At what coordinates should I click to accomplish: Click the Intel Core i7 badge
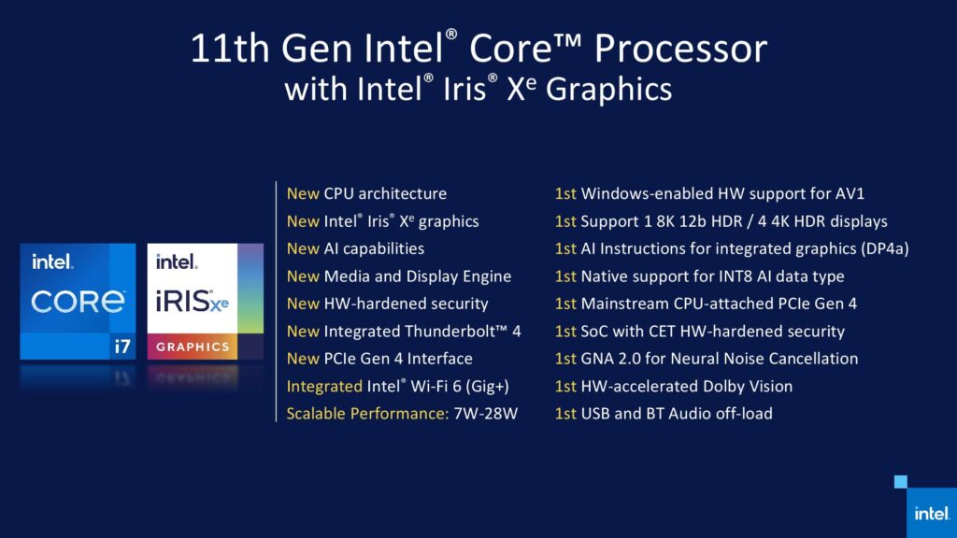(x=78, y=301)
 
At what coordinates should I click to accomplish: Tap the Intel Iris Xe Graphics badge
(x=205, y=301)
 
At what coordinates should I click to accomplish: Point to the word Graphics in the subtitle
(x=608, y=90)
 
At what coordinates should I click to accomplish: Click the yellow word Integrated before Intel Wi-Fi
(x=324, y=386)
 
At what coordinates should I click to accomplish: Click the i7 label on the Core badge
(x=121, y=346)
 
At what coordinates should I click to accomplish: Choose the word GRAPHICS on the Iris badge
(x=193, y=347)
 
